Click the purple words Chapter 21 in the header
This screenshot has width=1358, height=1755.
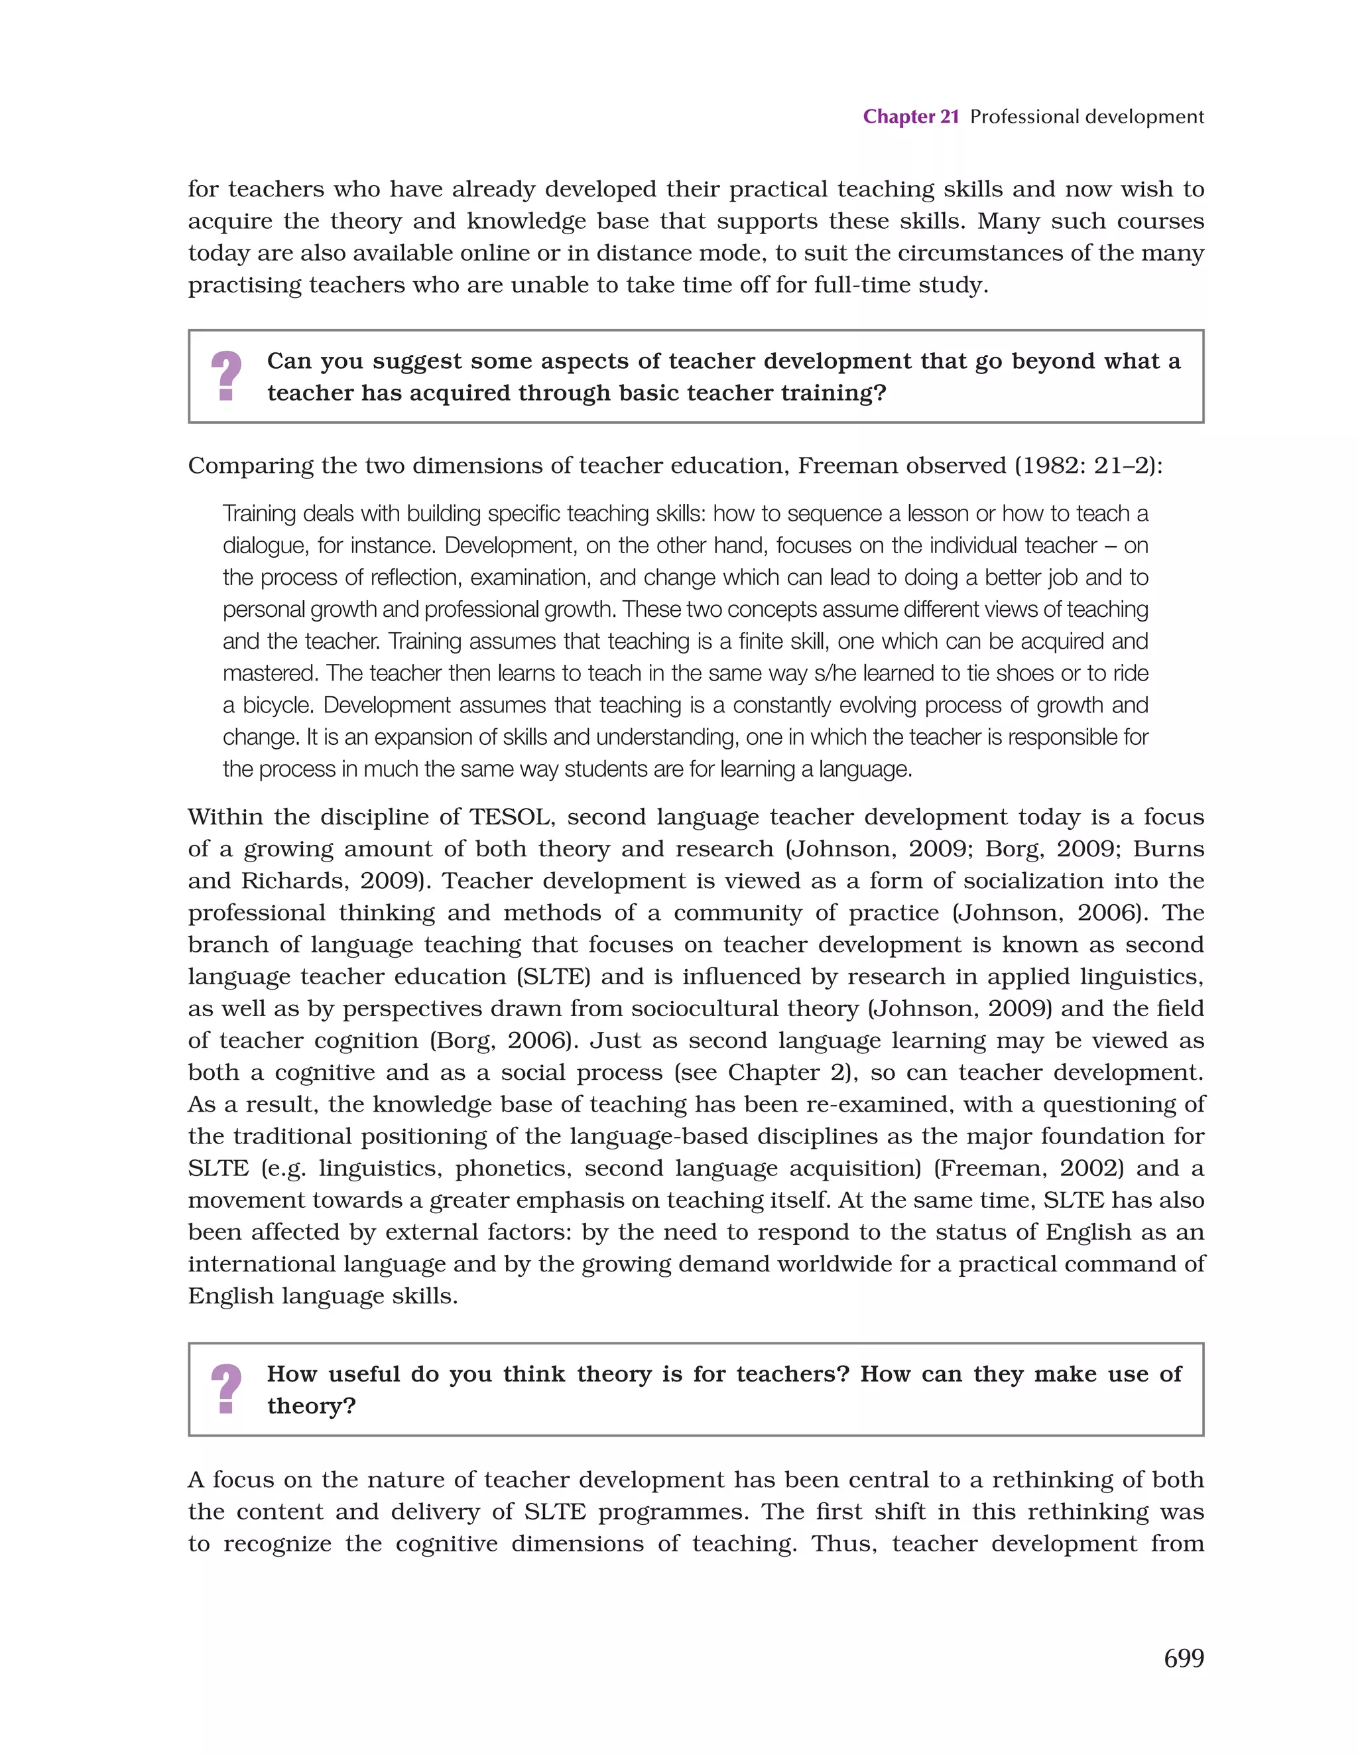[910, 117]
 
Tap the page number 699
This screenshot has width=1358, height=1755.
[1183, 1657]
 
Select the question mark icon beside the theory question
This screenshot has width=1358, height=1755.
[227, 1389]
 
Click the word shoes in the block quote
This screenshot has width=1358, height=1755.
[1025, 673]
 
